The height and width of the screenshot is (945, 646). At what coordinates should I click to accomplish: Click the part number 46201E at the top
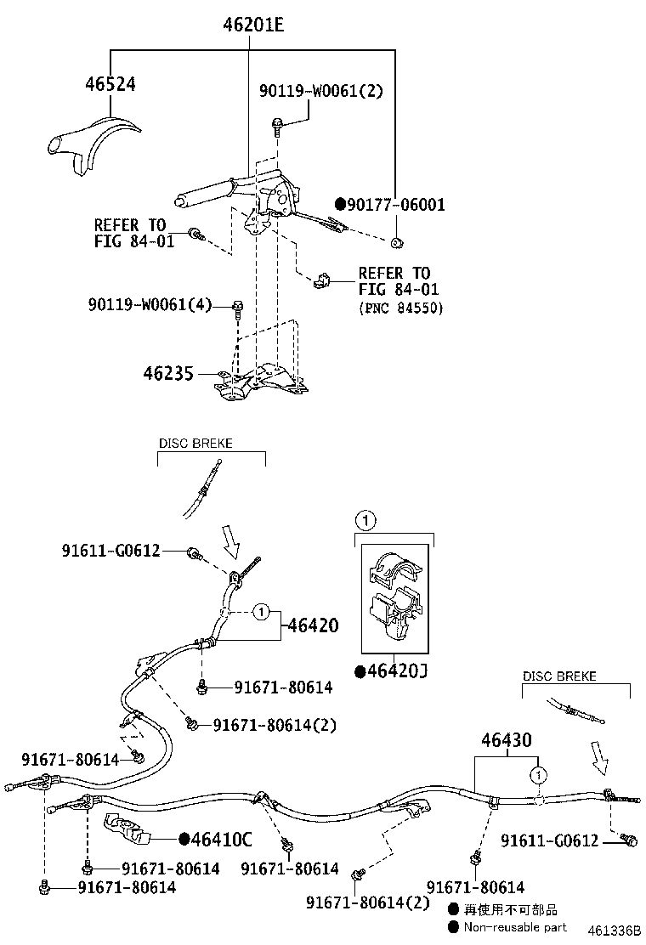pos(252,25)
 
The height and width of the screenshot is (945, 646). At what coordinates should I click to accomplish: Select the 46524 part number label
pos(110,83)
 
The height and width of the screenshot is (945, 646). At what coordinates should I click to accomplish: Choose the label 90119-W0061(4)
pos(148,304)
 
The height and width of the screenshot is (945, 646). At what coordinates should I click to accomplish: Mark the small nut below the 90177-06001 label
pos(396,243)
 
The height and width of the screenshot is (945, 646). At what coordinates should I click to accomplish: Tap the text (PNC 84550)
pos(400,308)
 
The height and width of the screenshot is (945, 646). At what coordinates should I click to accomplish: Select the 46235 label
pos(168,374)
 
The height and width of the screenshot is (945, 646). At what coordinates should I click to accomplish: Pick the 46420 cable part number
pos(312,626)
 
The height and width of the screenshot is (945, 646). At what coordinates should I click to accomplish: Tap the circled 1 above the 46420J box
pos(363,519)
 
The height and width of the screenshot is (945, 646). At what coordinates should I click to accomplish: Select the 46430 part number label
pos(507,740)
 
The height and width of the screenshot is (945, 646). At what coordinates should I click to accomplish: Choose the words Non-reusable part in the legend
pos(515,926)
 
